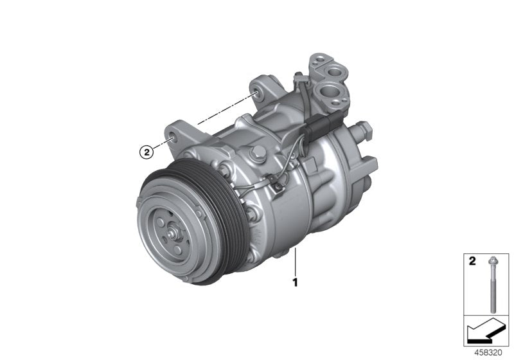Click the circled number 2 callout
[146, 152]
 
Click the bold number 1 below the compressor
[295, 281]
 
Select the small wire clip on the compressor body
[278, 188]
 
